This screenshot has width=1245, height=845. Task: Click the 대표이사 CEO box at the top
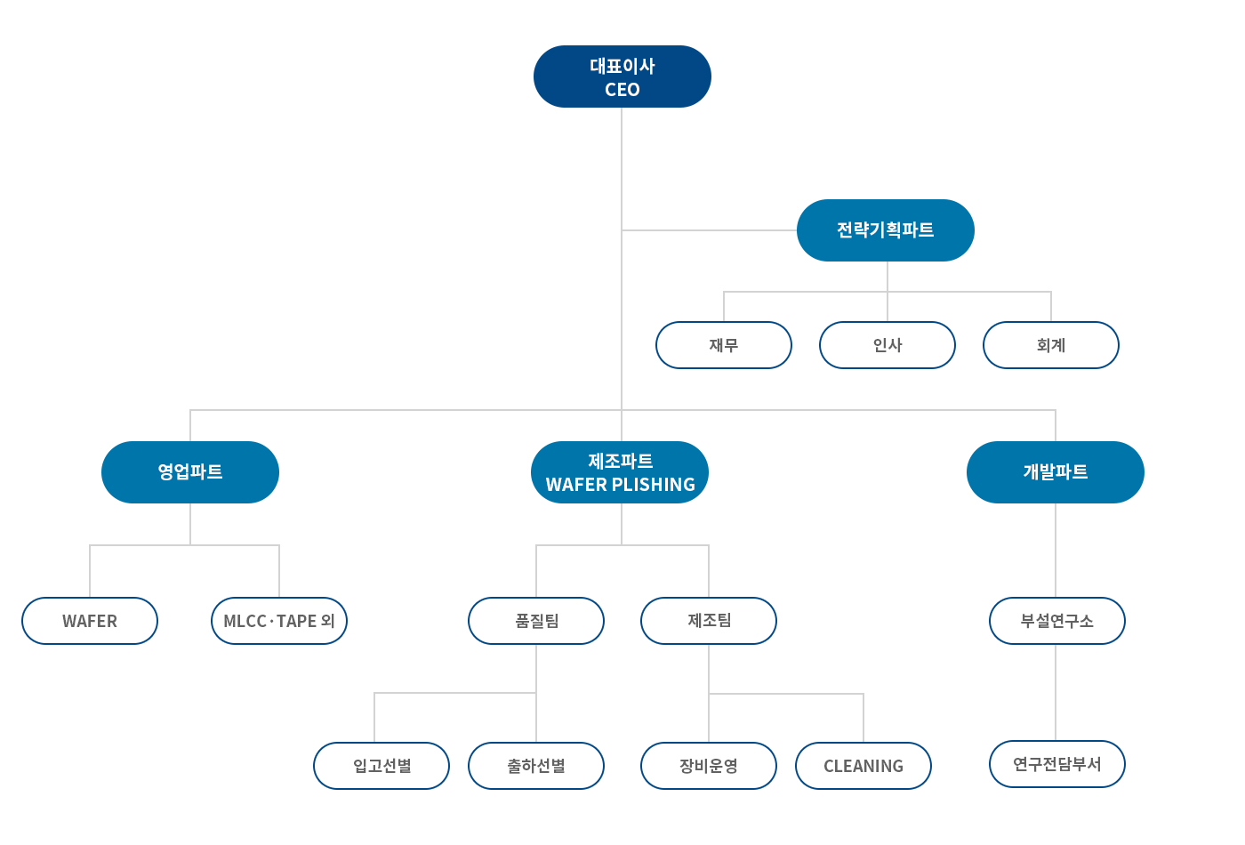coord(622,76)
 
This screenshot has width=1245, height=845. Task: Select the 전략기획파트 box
coord(886,230)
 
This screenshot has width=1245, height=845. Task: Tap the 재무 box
coord(724,345)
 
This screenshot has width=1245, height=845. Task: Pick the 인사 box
coord(888,345)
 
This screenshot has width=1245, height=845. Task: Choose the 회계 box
coord(1051,345)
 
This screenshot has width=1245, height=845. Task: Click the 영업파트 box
coord(190,472)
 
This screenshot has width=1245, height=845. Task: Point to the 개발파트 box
coord(1056,472)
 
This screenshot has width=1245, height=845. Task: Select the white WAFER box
coord(90,621)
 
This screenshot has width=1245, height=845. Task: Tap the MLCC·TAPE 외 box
coord(279,621)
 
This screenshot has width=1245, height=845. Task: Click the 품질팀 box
coord(536,621)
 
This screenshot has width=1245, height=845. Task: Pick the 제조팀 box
coord(709,621)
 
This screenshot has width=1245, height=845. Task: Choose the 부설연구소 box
coord(1057,621)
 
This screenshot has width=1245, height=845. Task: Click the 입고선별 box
coord(382,766)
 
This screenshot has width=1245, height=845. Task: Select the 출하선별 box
coord(536,766)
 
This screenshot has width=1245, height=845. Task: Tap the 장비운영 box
coord(709,766)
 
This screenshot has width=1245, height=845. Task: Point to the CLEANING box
coord(863,766)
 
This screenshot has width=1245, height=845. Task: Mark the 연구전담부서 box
coord(1057,764)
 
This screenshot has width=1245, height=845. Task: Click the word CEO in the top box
coord(622,90)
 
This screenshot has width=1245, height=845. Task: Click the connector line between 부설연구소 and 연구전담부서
coord(1056,693)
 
